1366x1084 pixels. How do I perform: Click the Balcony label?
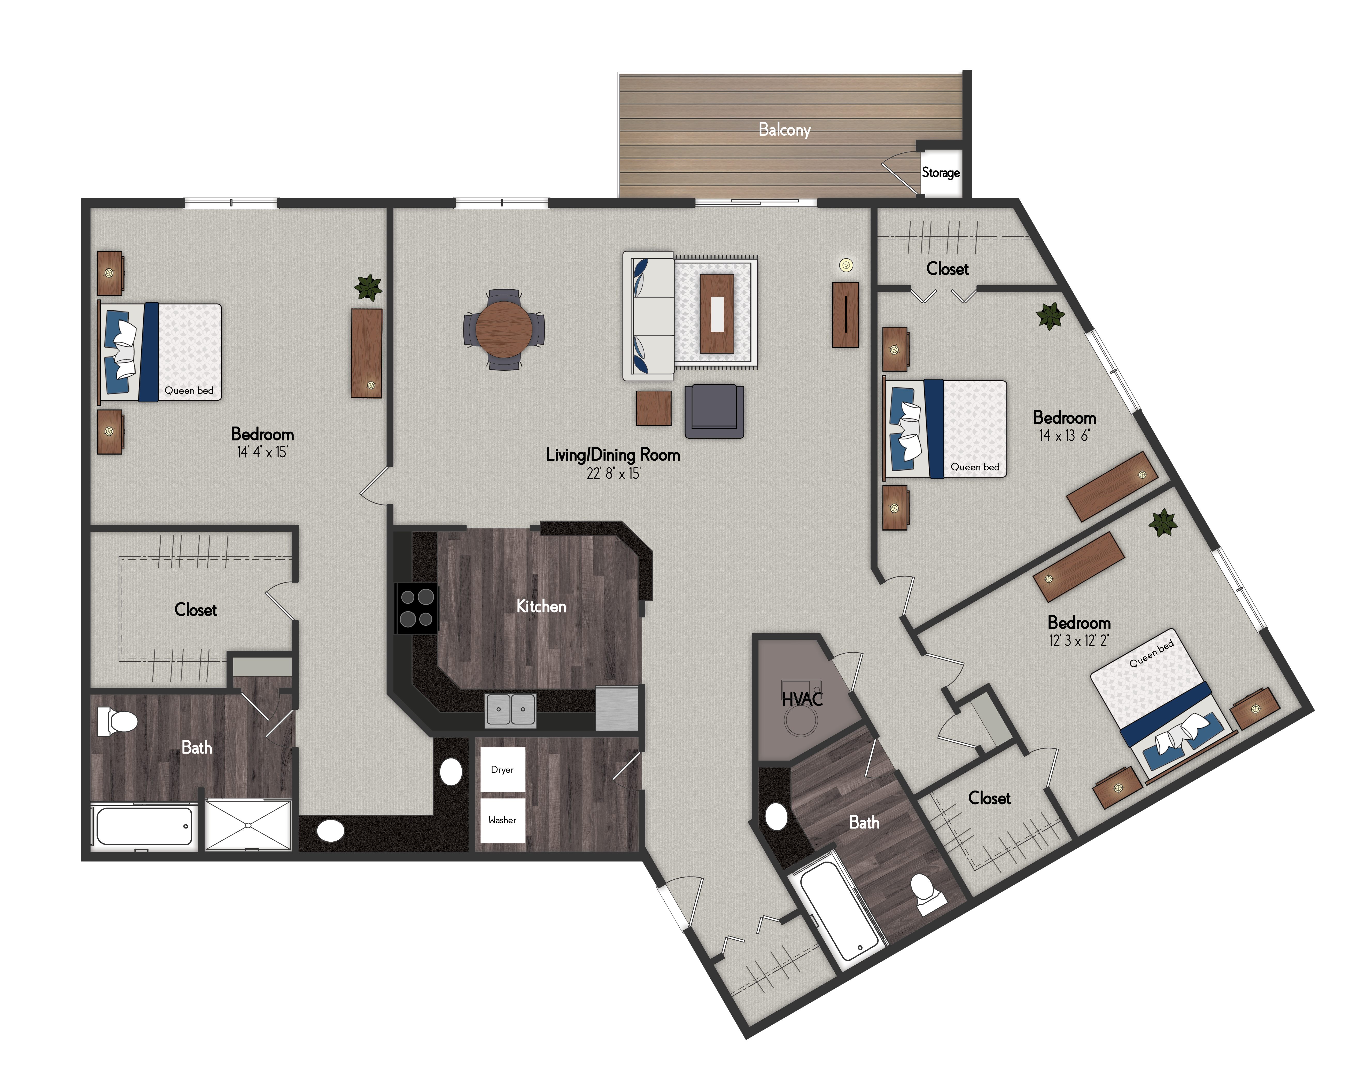point(784,130)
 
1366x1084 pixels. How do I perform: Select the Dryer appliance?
point(502,769)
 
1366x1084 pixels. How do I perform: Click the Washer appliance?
point(502,820)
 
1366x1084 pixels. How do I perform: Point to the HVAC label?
point(802,699)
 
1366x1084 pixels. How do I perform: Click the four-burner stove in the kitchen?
point(416,608)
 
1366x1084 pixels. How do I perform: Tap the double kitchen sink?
point(511,710)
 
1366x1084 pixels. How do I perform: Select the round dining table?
point(504,329)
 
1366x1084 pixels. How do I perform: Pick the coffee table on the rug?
point(717,314)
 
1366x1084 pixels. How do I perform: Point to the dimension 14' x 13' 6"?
point(1065,435)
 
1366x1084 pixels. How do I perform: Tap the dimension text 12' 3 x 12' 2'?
point(1079,640)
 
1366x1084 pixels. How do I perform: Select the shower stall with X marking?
point(248,825)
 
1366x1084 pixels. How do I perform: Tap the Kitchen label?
point(541,606)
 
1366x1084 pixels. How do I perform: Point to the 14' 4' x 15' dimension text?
point(262,452)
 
